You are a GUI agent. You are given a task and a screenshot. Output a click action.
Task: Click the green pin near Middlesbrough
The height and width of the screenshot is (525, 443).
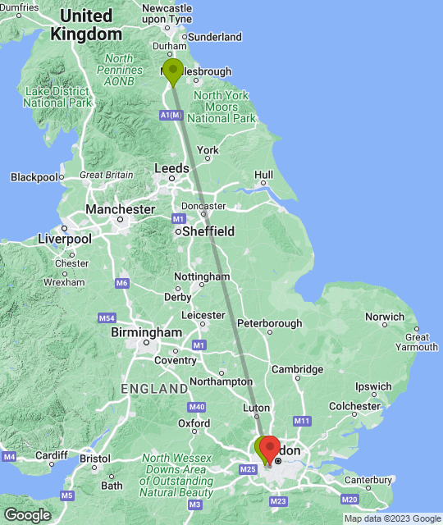pyautogui.click(x=172, y=71)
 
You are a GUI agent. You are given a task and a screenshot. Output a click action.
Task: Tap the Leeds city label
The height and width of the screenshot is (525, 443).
pyautogui.click(x=172, y=169)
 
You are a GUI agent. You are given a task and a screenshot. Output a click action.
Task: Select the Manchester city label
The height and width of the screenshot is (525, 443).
pyautogui.click(x=120, y=209)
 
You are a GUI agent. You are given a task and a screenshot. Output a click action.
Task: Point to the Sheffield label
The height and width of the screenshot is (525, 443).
pyautogui.click(x=208, y=231)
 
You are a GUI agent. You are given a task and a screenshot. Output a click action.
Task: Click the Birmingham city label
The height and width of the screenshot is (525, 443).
pyautogui.click(x=146, y=333)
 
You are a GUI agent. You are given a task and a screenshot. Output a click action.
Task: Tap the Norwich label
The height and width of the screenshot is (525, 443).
pyautogui.click(x=385, y=317)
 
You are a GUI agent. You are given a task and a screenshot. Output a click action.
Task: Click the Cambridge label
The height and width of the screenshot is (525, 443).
pyautogui.click(x=297, y=370)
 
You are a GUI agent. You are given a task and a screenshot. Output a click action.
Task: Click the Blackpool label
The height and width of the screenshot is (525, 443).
pyautogui.click(x=34, y=177)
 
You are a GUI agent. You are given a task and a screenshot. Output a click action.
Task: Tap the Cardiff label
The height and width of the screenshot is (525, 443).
pyautogui.click(x=51, y=455)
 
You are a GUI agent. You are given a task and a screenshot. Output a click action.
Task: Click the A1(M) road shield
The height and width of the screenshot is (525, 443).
pyautogui.click(x=171, y=116)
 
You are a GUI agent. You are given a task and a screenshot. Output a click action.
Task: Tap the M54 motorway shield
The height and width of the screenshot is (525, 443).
pyautogui.click(x=106, y=317)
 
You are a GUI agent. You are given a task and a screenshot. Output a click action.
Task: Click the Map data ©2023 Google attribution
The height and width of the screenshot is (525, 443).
pyautogui.click(x=391, y=518)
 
